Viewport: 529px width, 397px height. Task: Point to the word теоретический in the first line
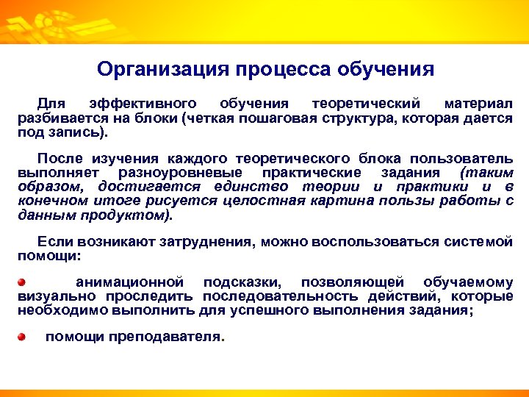[x=365, y=102]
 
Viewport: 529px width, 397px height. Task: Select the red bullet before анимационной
[x=22, y=282]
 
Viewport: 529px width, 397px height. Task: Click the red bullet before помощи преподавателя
[x=22, y=337]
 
